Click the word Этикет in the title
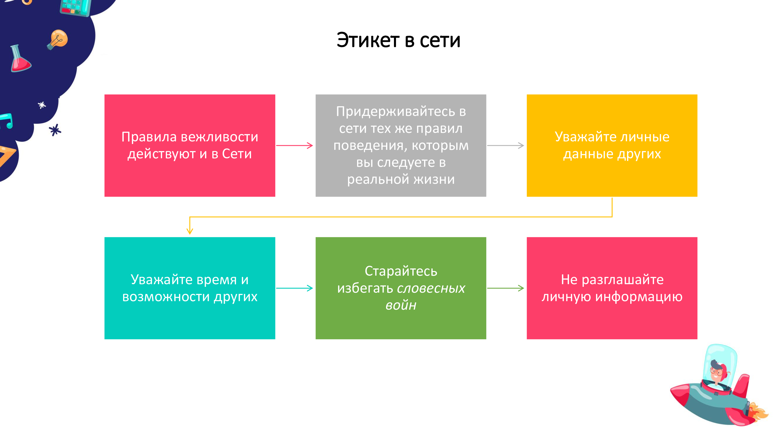pos(368,40)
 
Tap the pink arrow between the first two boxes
pos(294,145)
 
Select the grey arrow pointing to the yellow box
pos(505,145)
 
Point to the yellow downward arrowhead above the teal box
pos(190,231)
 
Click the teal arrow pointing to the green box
pos(294,288)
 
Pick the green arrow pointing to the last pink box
pos(505,288)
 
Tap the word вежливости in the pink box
pos(220,137)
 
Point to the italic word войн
pos(401,305)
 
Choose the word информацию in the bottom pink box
pos(639,297)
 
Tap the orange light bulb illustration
pos(57,40)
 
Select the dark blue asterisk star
pos(55,130)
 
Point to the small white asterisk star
pos(42,105)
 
